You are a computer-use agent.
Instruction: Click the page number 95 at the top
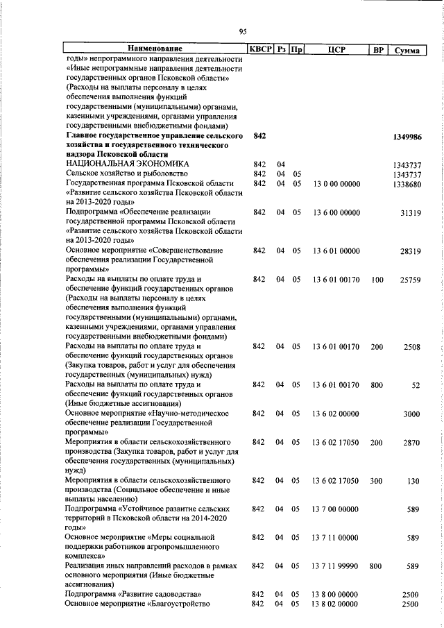[243, 31]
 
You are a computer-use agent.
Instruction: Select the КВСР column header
[260, 49]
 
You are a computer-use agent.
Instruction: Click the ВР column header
[377, 49]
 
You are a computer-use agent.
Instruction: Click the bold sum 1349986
[407, 137]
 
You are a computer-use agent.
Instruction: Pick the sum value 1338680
[408, 184]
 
